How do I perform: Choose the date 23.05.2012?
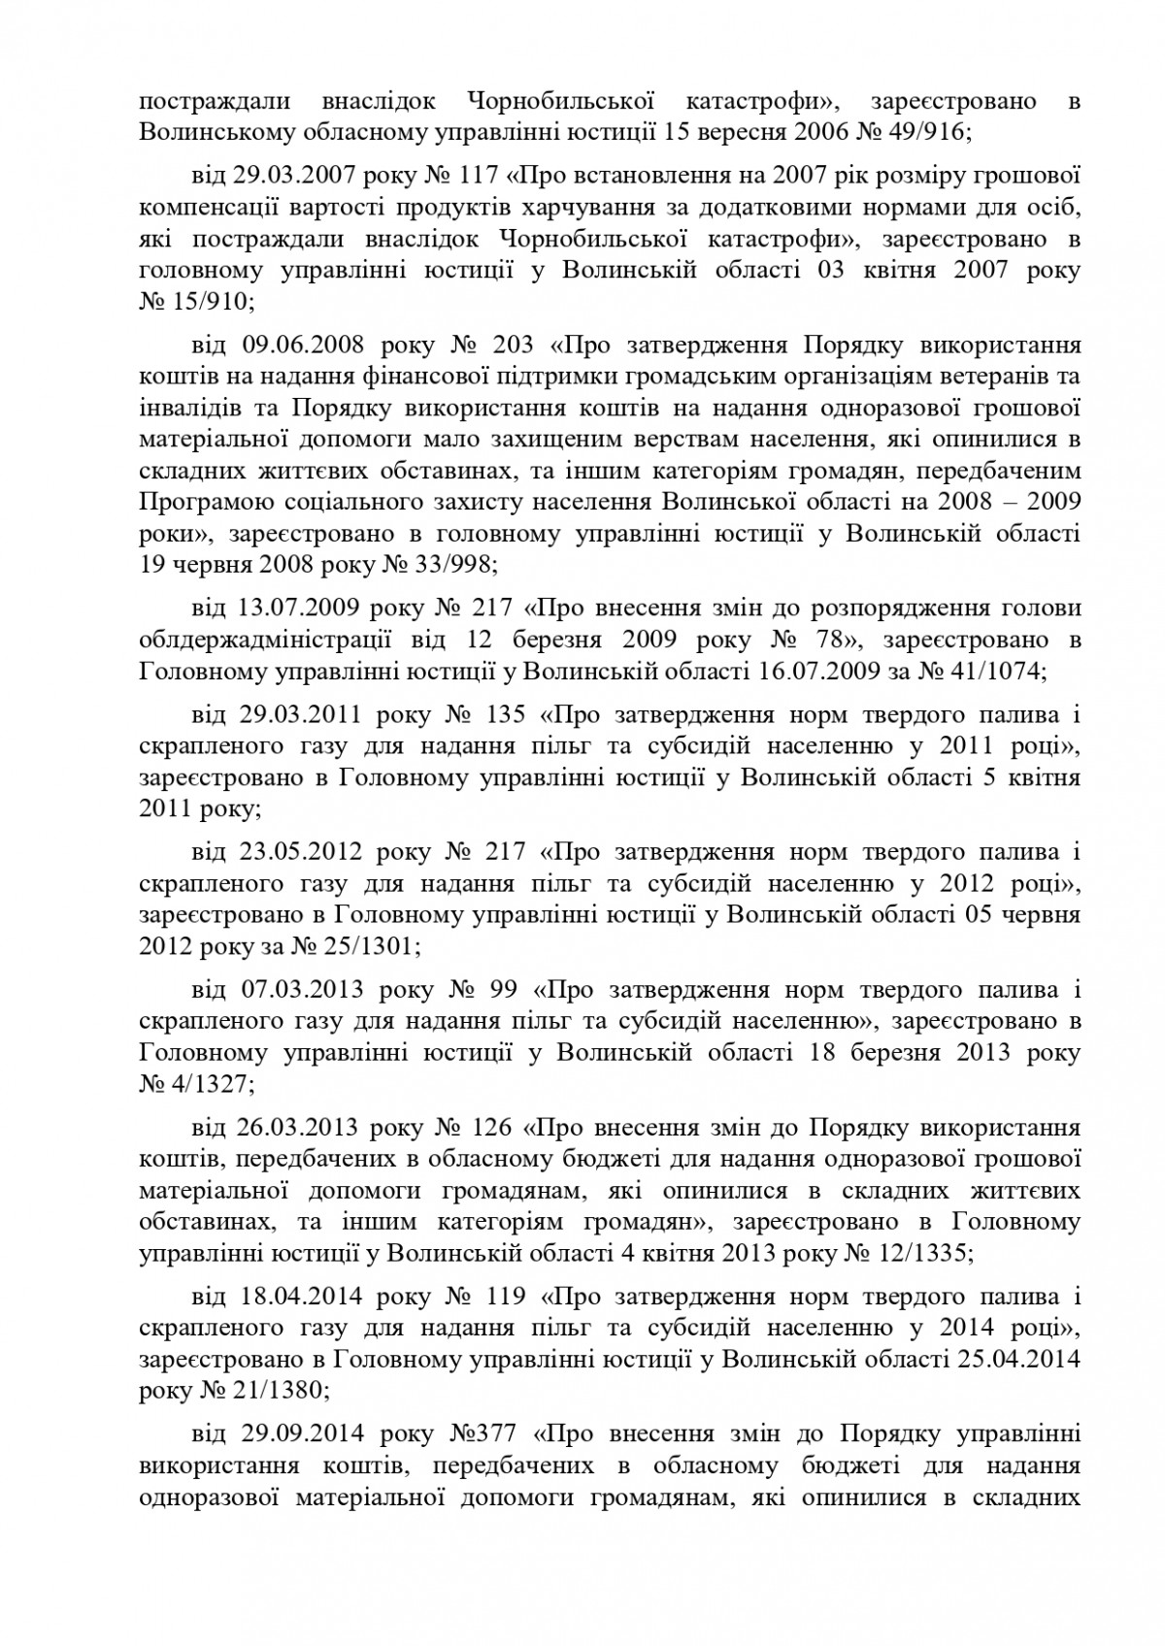click(x=301, y=852)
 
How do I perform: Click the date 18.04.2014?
click(x=301, y=1297)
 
